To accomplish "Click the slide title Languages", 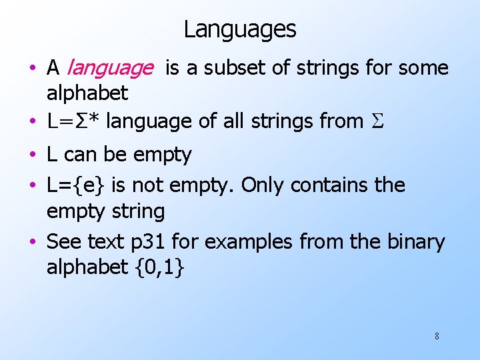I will click(x=240, y=29).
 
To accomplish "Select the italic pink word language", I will click(x=109, y=68).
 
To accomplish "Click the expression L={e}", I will click(x=77, y=185).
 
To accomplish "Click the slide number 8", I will click(x=437, y=336).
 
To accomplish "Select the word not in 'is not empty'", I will click(x=149, y=185).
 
